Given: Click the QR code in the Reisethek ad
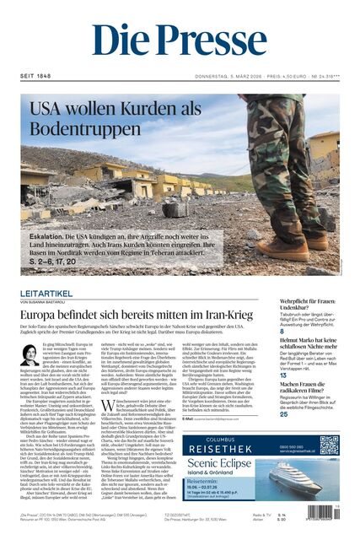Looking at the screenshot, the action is click(330, 445).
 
